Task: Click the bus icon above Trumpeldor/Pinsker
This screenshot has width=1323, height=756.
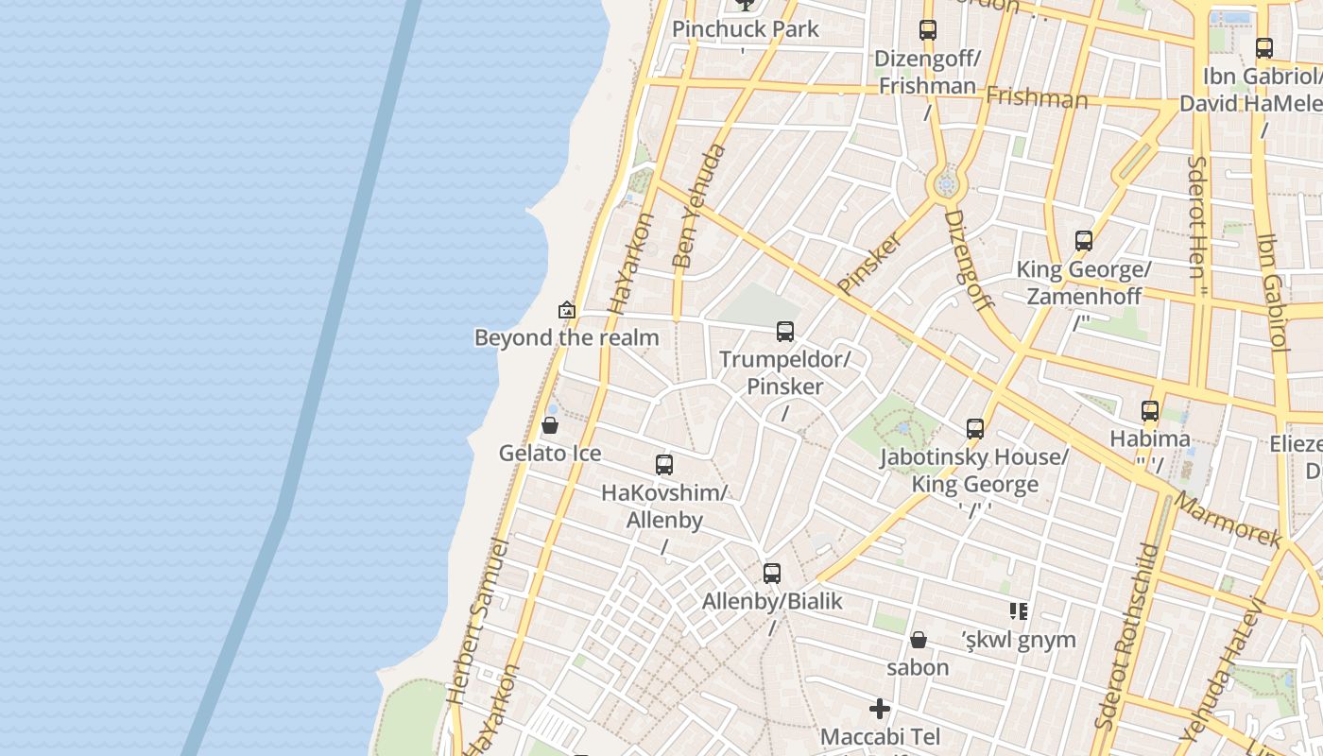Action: click(784, 331)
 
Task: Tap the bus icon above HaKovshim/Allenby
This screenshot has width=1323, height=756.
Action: click(664, 464)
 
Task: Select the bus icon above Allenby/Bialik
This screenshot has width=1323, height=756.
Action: click(772, 573)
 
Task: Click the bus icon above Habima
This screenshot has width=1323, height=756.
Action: click(1150, 410)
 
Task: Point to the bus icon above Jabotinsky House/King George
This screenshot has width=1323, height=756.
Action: click(975, 428)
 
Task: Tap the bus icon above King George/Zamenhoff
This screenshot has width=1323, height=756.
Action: click(1084, 241)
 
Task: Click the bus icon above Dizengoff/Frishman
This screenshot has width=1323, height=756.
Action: click(928, 30)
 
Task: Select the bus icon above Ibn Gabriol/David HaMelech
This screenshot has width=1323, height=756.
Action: click(1264, 47)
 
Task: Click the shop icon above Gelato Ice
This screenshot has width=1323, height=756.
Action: click(550, 425)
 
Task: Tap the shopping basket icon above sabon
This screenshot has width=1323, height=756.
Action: click(918, 640)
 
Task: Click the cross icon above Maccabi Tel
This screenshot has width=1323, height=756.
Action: click(880, 708)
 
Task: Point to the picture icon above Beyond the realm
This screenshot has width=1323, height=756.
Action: click(567, 309)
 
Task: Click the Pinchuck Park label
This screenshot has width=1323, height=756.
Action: click(746, 28)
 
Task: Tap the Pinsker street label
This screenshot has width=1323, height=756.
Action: click(870, 262)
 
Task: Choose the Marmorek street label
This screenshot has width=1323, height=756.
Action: click(1229, 521)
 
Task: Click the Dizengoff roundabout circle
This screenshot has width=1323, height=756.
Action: click(946, 184)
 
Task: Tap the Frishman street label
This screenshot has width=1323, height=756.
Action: click(1037, 97)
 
